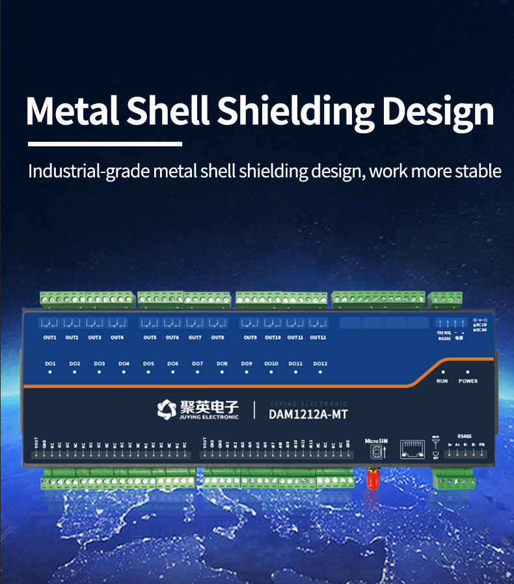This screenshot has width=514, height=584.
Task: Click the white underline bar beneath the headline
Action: point(105,144)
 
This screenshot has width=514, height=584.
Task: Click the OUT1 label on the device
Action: point(50,338)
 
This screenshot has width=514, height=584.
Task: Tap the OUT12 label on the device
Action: point(318,338)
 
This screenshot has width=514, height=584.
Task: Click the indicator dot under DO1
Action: point(50,372)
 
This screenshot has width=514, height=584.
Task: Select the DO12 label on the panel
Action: point(320,364)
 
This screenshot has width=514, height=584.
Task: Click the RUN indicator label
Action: point(442,381)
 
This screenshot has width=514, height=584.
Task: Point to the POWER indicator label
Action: point(468,381)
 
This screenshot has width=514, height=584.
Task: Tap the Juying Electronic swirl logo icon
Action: point(166,409)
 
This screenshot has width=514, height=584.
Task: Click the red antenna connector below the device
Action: point(373,480)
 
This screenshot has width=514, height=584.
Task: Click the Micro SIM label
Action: point(376,440)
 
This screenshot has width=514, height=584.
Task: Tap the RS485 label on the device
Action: point(465,436)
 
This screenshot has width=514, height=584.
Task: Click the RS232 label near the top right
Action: point(444,338)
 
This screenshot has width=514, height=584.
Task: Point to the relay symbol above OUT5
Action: point(150,323)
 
